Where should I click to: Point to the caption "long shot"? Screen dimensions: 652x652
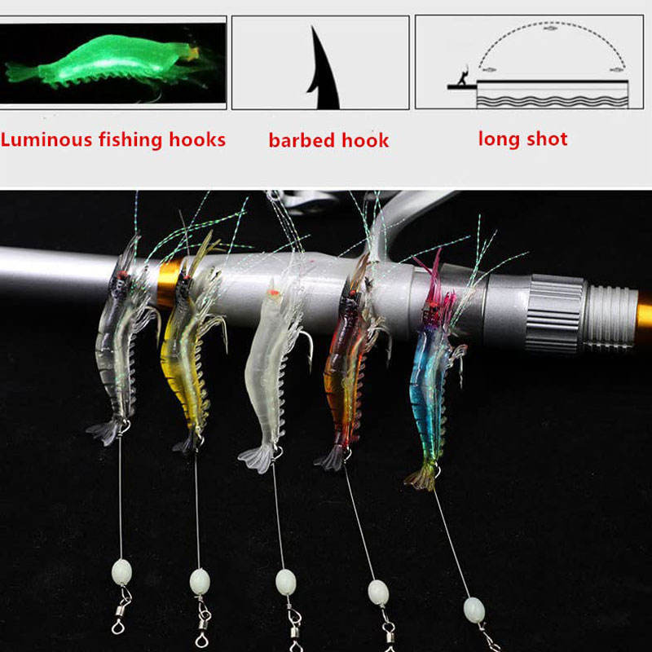point(522,138)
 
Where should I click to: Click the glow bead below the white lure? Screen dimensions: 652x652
point(285,581)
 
